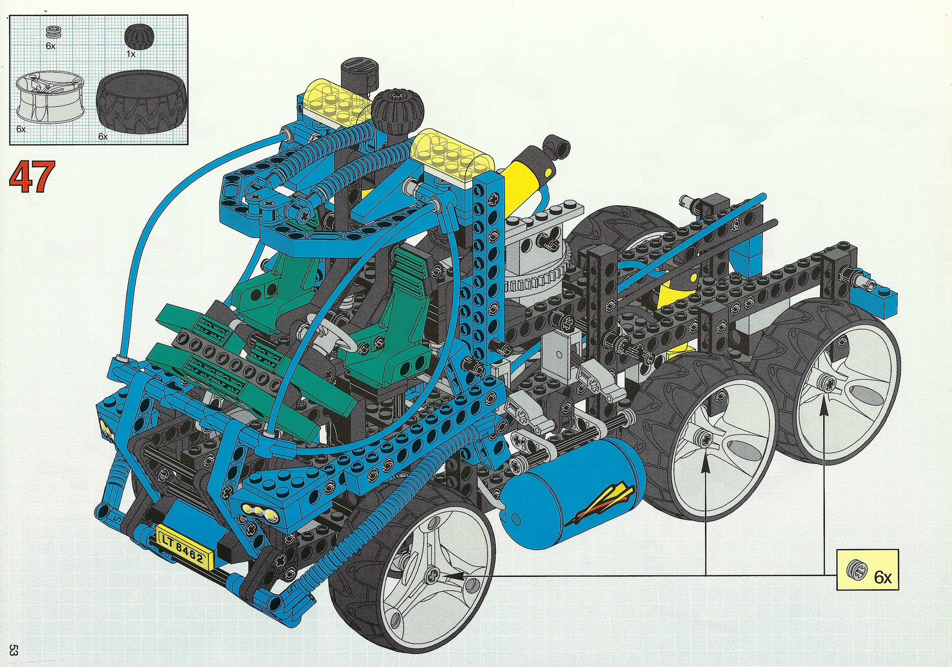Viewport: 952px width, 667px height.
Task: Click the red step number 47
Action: tap(32, 177)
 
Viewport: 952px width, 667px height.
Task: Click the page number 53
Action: tap(14, 650)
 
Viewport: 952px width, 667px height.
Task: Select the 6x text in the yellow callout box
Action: tap(882, 577)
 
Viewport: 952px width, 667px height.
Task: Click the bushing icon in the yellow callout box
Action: tap(855, 570)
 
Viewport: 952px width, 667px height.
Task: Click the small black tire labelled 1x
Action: tap(139, 37)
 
